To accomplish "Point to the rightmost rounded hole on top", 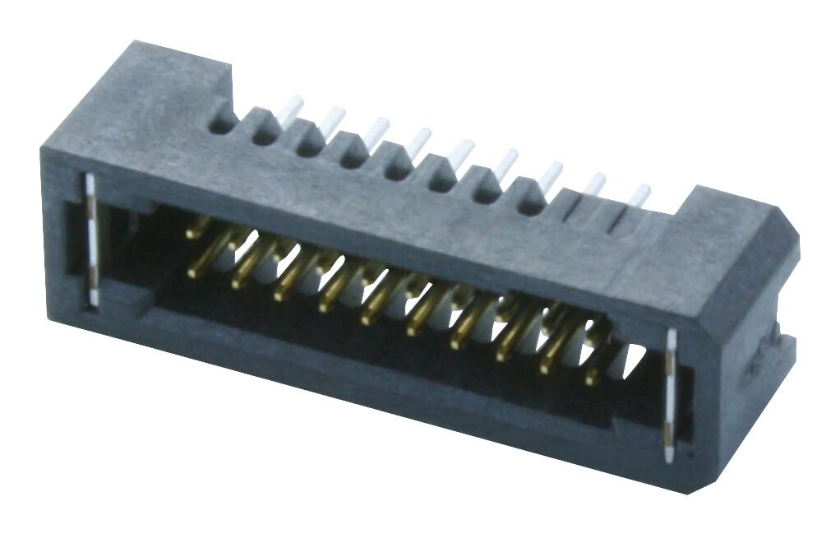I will pos(531,202).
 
